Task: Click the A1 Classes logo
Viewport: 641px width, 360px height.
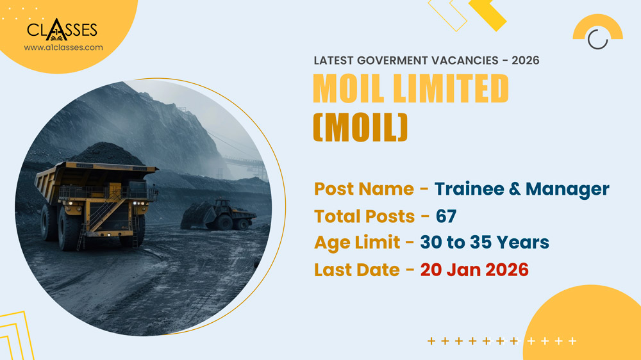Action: pyautogui.click(x=62, y=29)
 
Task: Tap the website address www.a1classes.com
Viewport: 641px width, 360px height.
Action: pyautogui.click(x=63, y=47)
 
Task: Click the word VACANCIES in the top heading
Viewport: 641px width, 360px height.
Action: pyautogui.click(x=463, y=60)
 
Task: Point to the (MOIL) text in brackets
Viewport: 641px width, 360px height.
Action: pyautogui.click(x=360, y=126)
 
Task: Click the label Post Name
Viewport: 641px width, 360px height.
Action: pyautogui.click(x=363, y=189)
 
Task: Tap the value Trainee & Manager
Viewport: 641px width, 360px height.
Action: pyautogui.click(x=522, y=189)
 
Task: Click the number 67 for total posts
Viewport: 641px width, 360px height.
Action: pyautogui.click(x=446, y=216)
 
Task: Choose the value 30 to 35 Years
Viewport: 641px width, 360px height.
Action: pyautogui.click(x=485, y=243)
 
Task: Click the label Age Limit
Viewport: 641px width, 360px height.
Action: pyautogui.click(x=359, y=243)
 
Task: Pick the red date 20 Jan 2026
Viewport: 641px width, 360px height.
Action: pyautogui.click(x=474, y=270)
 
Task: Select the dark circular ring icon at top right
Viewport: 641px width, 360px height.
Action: pyautogui.click(x=597, y=39)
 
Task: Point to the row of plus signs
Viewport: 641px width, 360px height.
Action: pyautogui.click(x=502, y=341)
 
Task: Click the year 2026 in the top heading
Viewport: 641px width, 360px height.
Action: pyautogui.click(x=526, y=60)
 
